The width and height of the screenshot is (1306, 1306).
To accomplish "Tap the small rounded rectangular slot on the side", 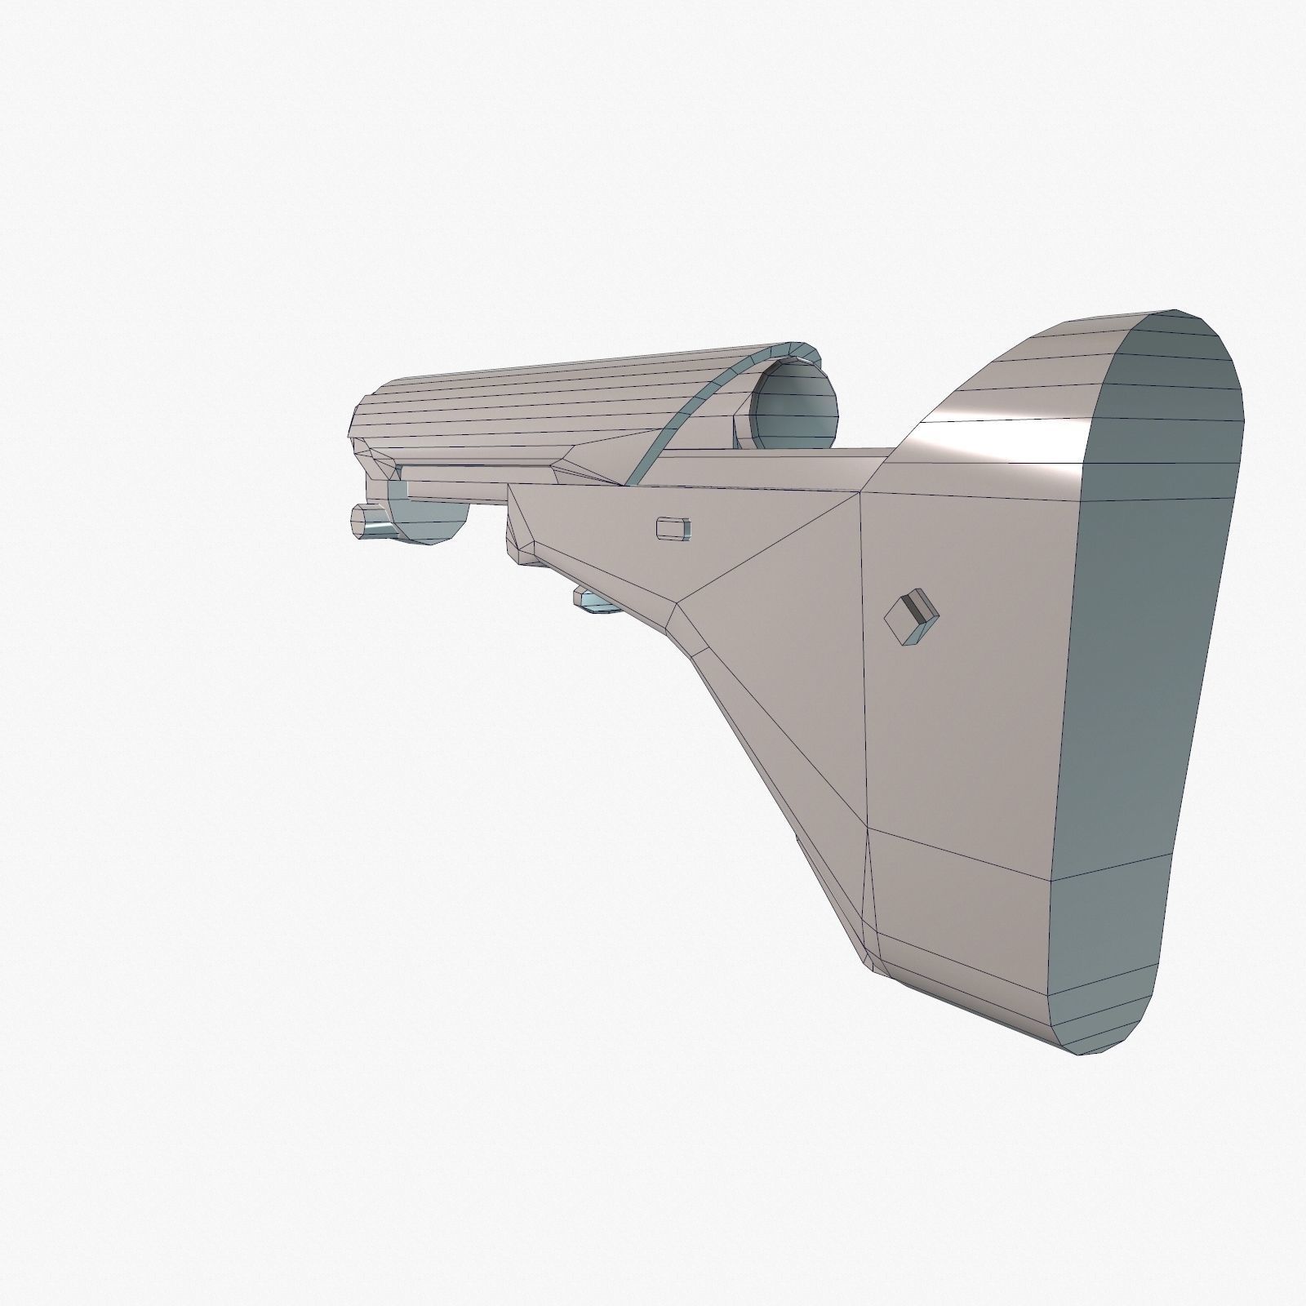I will (673, 527).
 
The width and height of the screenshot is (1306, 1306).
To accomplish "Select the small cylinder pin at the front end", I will (370, 521).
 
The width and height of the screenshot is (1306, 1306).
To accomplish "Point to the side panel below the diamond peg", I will (955, 735).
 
